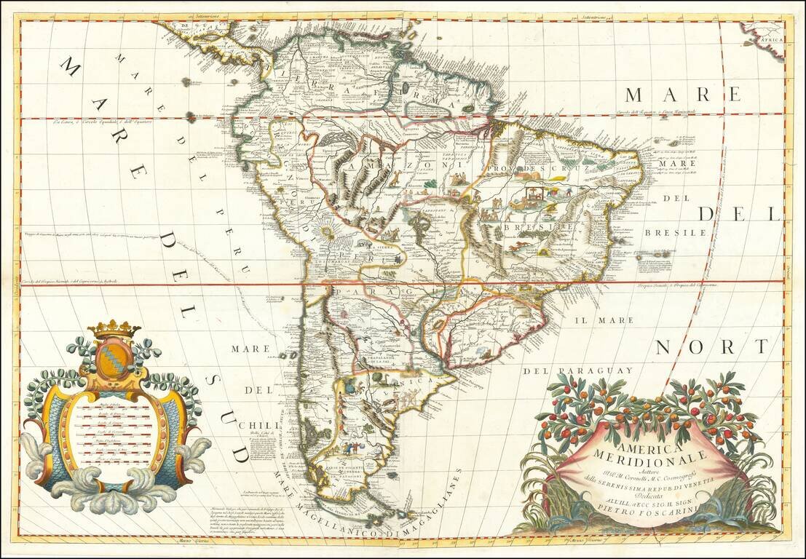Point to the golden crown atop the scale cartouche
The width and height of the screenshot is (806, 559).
point(114,329)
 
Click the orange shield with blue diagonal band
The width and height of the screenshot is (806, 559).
point(114,358)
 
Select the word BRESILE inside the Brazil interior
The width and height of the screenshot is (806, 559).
point(529,227)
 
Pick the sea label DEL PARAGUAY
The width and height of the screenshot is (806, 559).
point(577,370)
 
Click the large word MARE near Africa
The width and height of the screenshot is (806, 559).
point(682,95)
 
